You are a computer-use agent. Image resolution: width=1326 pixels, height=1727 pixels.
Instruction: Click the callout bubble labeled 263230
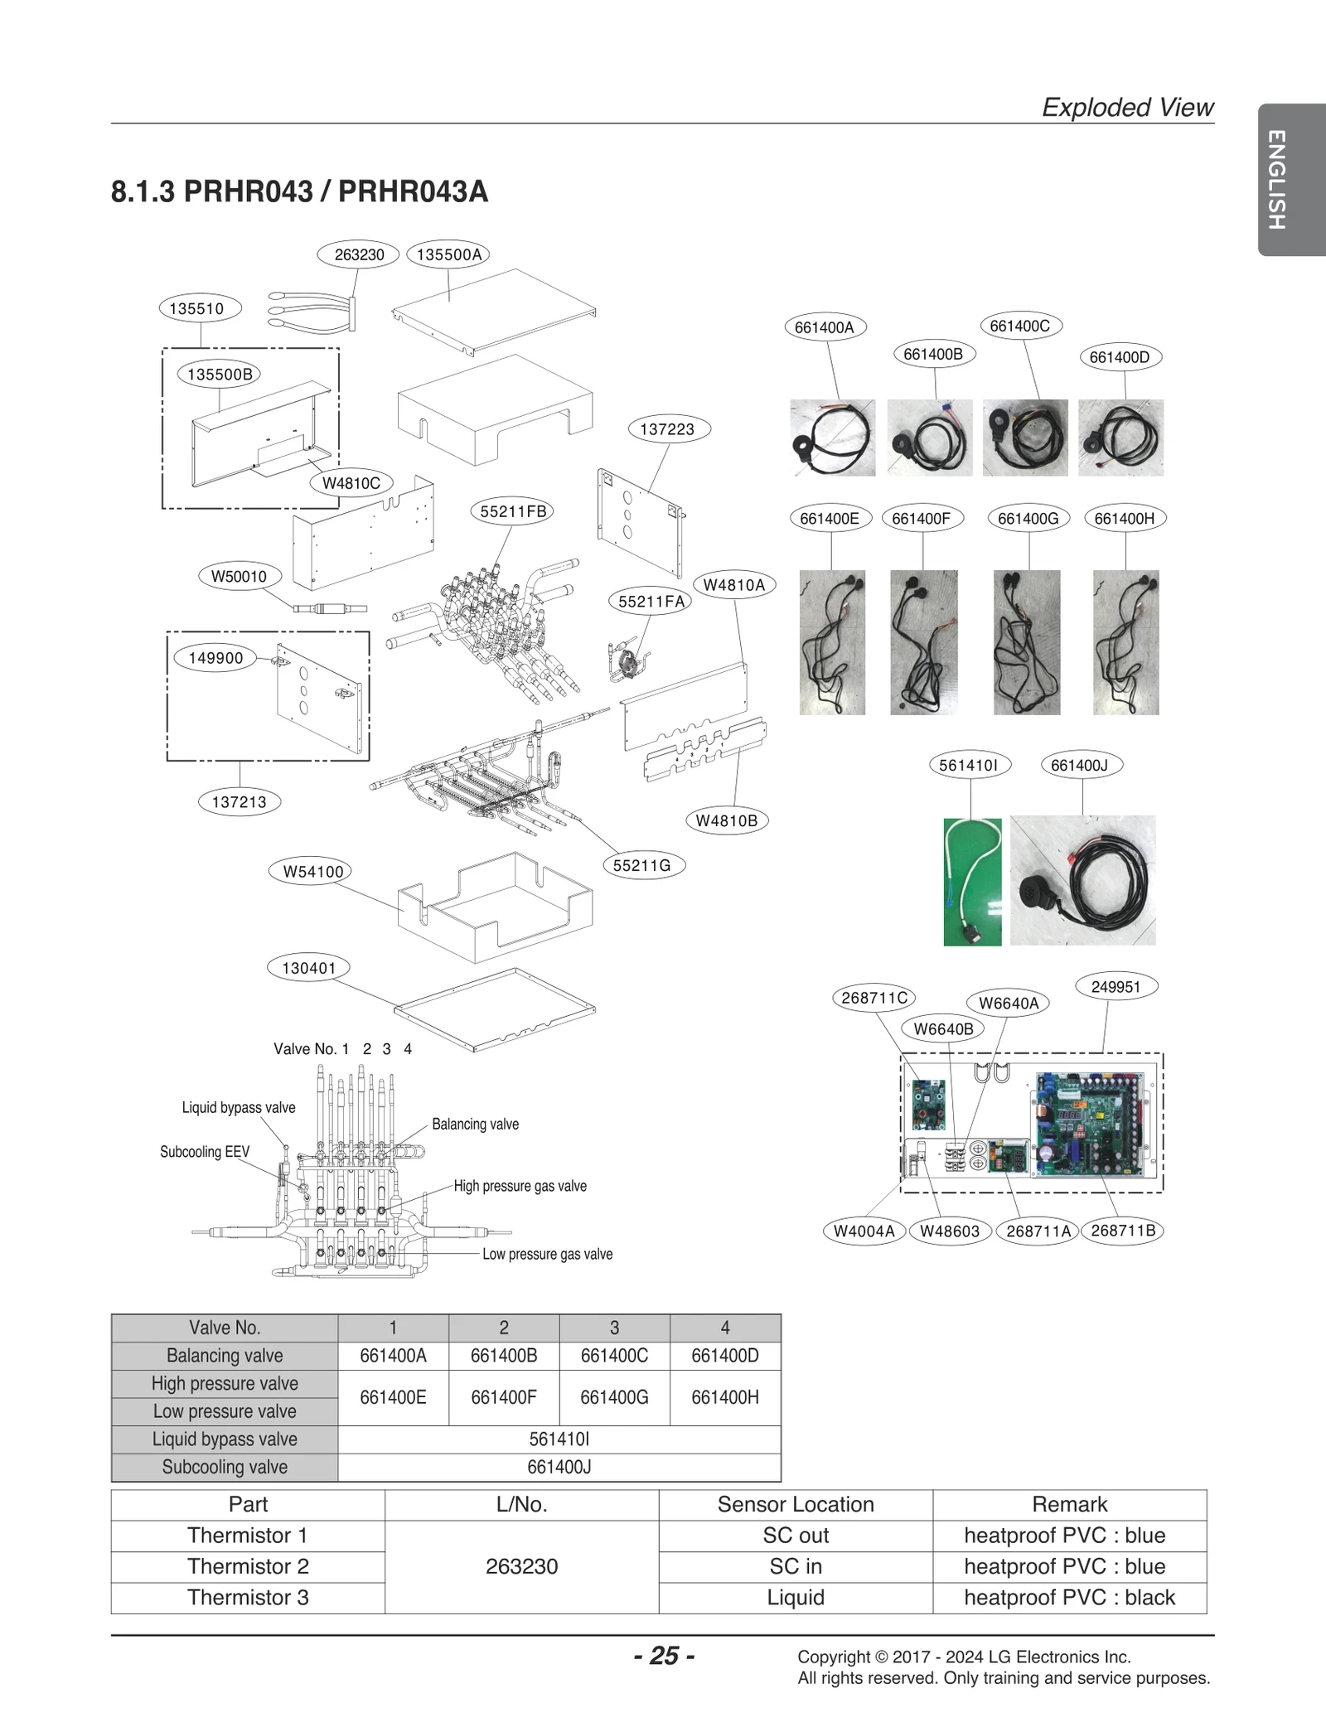coord(359,254)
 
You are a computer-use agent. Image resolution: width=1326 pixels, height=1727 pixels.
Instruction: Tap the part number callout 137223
coord(667,429)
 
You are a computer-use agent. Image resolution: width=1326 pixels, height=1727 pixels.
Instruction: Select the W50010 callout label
coord(240,577)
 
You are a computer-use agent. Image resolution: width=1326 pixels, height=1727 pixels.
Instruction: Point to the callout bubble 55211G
coord(641,866)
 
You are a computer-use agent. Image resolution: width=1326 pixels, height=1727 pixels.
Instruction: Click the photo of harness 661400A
coord(832,438)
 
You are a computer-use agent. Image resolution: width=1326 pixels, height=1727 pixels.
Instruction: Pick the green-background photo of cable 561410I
coord(972,882)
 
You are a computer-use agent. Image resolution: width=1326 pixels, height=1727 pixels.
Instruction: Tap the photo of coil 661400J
coord(1082,880)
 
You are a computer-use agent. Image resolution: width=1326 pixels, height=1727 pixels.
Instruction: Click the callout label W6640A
coord(1009,1004)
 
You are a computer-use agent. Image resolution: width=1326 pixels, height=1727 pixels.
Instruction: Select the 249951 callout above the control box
coord(1115,987)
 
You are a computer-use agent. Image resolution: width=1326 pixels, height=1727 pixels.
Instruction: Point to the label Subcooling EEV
coord(205,1152)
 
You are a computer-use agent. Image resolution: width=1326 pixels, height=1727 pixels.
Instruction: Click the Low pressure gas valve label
coord(548,1255)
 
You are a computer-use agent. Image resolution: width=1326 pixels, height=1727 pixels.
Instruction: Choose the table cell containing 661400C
coord(614,1356)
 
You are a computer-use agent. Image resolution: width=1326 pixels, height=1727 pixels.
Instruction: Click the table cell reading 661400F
coord(504,1397)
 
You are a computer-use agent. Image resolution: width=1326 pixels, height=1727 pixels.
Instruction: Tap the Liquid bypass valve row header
coord(225,1439)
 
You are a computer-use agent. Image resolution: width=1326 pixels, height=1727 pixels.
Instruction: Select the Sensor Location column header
coord(796,1504)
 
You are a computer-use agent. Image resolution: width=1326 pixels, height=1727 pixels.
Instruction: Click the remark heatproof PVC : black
coord(1069,1597)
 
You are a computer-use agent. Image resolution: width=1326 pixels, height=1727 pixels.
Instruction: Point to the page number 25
coord(664,1656)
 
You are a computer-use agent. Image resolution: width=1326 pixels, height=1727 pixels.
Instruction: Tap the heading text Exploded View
coord(1127,107)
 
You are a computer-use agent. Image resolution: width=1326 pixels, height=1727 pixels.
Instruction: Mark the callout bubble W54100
coord(312,872)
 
